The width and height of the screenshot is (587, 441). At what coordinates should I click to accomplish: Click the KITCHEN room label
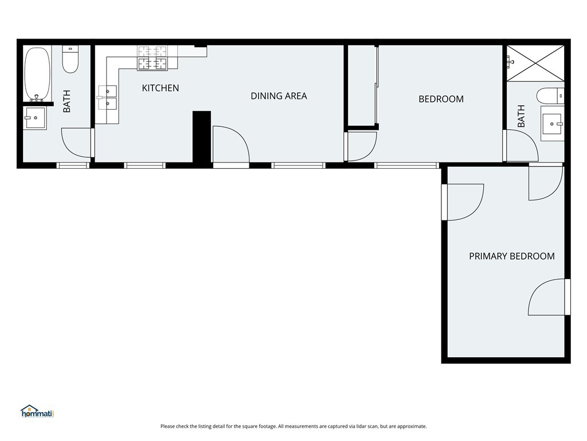tap(161, 88)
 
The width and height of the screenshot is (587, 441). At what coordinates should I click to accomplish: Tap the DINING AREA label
tap(279, 96)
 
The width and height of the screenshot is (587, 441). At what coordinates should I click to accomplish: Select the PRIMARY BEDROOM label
tap(512, 256)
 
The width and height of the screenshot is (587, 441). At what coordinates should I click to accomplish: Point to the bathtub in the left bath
tap(37, 74)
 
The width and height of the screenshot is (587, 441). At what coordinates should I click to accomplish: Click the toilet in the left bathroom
tap(71, 59)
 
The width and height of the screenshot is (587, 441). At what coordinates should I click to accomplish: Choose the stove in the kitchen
tap(152, 58)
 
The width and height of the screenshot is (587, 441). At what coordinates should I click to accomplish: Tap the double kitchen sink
tap(107, 98)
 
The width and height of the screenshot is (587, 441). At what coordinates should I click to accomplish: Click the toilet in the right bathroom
tap(550, 96)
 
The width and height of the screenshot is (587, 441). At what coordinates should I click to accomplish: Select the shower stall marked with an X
tap(535, 63)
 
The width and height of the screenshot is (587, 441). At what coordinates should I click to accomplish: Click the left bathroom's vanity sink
tap(35, 118)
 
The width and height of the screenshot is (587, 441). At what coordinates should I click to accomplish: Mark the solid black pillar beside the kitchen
tap(202, 137)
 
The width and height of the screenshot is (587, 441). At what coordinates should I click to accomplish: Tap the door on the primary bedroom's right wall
tap(549, 297)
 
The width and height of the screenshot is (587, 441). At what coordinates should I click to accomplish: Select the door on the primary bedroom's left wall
tap(463, 202)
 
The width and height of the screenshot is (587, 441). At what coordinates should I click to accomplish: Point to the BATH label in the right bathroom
tap(521, 116)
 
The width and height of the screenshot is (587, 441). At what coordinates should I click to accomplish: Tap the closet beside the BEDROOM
tap(362, 85)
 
